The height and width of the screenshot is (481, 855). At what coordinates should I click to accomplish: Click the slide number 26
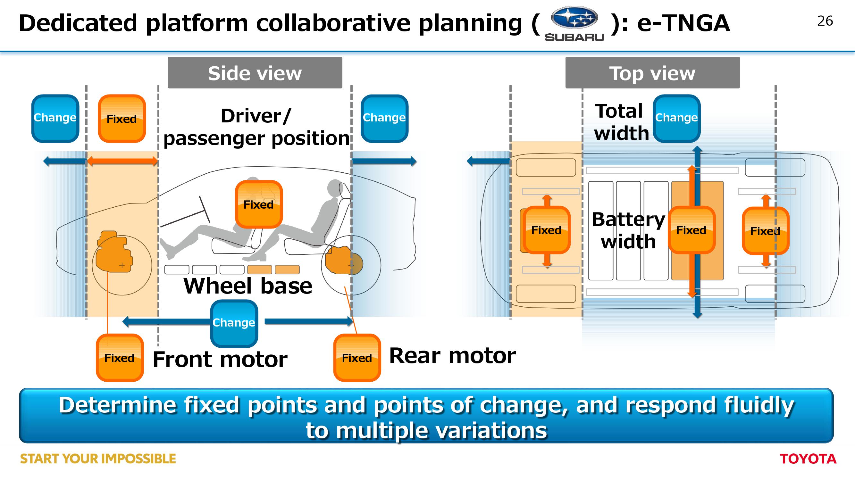point(825,21)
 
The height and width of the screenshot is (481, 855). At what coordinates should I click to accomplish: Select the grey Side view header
point(255,73)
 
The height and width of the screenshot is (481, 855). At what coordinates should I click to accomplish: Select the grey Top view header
point(652,73)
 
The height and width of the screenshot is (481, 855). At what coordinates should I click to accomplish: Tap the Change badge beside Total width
point(677,119)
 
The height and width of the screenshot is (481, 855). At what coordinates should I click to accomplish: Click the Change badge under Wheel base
point(234,323)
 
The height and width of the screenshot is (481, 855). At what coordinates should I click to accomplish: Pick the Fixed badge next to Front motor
point(120,358)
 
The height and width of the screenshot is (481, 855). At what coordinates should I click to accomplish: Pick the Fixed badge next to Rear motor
point(357,358)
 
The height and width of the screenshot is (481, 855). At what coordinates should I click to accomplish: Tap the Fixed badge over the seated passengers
point(259,204)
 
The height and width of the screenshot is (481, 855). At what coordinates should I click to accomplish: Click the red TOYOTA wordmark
point(808,459)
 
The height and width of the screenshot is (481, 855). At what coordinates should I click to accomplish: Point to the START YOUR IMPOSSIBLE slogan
point(98,459)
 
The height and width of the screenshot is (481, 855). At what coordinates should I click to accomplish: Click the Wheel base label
point(248,286)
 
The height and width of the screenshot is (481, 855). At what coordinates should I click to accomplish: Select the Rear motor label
point(452,356)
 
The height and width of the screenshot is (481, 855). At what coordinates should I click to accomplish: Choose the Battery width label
point(628,230)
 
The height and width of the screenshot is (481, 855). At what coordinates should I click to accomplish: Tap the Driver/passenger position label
point(256,127)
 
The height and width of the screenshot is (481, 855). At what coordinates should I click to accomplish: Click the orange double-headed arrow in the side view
point(122,162)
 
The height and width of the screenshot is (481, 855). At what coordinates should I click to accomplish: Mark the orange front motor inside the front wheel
point(114,252)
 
